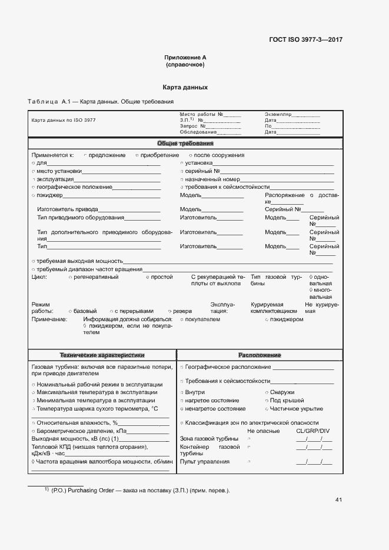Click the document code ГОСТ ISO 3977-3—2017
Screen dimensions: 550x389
coord(305,40)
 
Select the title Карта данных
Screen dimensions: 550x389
coord(185,87)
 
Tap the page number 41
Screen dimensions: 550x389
coord(338,500)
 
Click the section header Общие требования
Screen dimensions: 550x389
coord(185,144)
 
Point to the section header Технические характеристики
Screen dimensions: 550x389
coord(102,355)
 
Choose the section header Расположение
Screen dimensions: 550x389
coord(260,355)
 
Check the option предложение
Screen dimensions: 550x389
coord(107,155)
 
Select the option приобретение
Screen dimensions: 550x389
coord(159,155)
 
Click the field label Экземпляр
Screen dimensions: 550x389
coord(278,114)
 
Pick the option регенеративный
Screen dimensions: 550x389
coord(96,276)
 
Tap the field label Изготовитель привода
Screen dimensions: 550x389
coord(67,209)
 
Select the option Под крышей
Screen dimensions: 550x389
coord(282,400)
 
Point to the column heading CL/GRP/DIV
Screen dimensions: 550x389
coord(312,431)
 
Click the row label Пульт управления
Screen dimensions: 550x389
coord(205,462)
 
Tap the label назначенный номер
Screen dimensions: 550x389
coord(212,179)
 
